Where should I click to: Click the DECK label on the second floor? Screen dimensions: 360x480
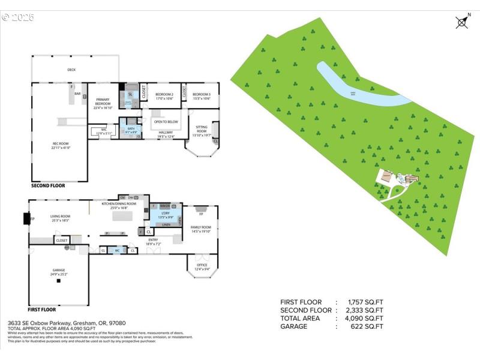[71, 70]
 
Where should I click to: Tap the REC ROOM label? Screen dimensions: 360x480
[61, 145]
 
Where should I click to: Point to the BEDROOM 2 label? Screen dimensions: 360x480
[164, 96]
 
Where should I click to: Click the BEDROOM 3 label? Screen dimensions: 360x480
[201, 96]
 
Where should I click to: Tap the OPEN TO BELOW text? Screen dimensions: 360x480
[166, 122]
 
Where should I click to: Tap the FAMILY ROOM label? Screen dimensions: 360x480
[200, 229]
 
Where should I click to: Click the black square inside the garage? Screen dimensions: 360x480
[59, 281]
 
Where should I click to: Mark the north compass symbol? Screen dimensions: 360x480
[461, 22]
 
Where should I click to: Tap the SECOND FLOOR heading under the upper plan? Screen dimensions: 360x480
[48, 186]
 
